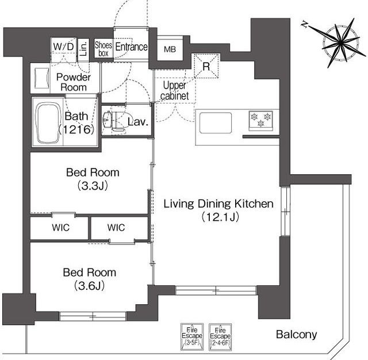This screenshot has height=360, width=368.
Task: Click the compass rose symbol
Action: pyautogui.click(x=340, y=43)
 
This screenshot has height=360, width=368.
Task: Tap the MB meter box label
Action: pyautogui.click(x=170, y=49)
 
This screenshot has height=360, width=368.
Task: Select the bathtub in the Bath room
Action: pyautogui.click(x=48, y=122)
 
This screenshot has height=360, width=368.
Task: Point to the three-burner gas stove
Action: pyautogui.click(x=260, y=121)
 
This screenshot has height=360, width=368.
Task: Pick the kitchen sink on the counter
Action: pyautogui.click(x=216, y=123)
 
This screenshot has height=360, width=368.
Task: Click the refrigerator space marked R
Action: pyautogui.click(x=206, y=66)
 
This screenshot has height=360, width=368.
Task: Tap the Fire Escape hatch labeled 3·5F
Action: pyautogui.click(x=192, y=337)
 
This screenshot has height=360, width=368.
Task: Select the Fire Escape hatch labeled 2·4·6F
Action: pyautogui.click(x=220, y=337)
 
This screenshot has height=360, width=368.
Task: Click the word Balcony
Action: pyautogui.click(x=297, y=335)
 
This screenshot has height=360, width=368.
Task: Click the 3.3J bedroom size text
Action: pyautogui.click(x=93, y=186)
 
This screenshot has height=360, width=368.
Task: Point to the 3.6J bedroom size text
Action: pyautogui.click(x=90, y=286)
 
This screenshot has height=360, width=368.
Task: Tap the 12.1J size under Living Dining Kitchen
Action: pyautogui.click(x=220, y=217)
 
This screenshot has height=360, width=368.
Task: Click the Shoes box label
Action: pyautogui.click(x=103, y=49)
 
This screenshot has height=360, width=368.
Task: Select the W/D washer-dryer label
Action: pyautogui.click(x=64, y=47)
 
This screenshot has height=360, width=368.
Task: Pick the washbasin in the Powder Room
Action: pyautogui.click(x=42, y=78)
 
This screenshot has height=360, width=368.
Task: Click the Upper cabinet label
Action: pyautogui.click(x=175, y=90)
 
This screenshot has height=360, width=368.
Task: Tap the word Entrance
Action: pyautogui.click(x=132, y=47)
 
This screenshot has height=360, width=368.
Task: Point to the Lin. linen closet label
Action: pyautogui.click(x=83, y=49)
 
